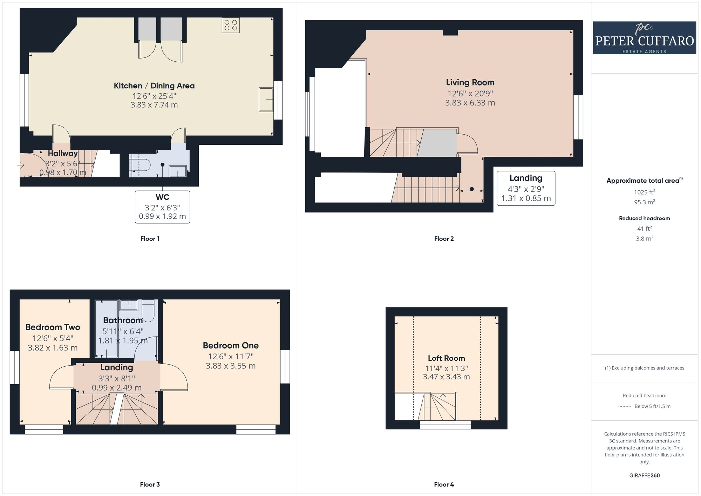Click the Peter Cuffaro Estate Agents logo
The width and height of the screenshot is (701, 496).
(x=644, y=38)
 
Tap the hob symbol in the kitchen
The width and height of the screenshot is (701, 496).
(x=231, y=25)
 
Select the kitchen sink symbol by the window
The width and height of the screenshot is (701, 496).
(x=266, y=100)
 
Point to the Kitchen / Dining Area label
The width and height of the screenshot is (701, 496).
(x=154, y=86)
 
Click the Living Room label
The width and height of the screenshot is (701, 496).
(x=470, y=82)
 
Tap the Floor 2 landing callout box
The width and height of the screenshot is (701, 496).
(x=526, y=188)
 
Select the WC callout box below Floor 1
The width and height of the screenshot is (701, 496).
(x=162, y=207)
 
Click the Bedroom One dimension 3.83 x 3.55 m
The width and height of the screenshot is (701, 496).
(x=231, y=366)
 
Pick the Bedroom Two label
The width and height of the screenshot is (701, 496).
(x=53, y=327)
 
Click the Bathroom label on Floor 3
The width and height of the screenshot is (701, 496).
(x=123, y=320)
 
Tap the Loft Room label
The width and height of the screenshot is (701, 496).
(x=446, y=358)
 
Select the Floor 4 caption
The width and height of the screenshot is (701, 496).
(x=444, y=484)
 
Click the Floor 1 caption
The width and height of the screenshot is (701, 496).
(x=150, y=239)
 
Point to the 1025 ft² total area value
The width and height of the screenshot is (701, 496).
(x=644, y=192)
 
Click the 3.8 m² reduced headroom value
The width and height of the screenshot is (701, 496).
(x=644, y=238)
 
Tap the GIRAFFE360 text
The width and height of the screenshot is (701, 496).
(x=644, y=475)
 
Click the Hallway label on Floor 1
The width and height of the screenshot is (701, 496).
(x=63, y=154)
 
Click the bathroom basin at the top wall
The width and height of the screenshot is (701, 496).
(x=129, y=305)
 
